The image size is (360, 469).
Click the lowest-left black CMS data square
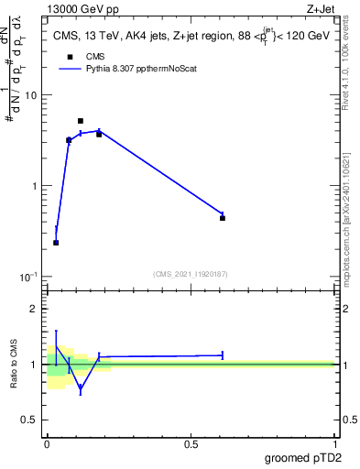click(56, 243)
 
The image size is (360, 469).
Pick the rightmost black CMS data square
click(223, 218)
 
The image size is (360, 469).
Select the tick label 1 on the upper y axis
click(37, 186)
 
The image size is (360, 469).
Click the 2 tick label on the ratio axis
click(37, 310)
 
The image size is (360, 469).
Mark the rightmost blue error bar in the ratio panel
click(223, 354)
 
